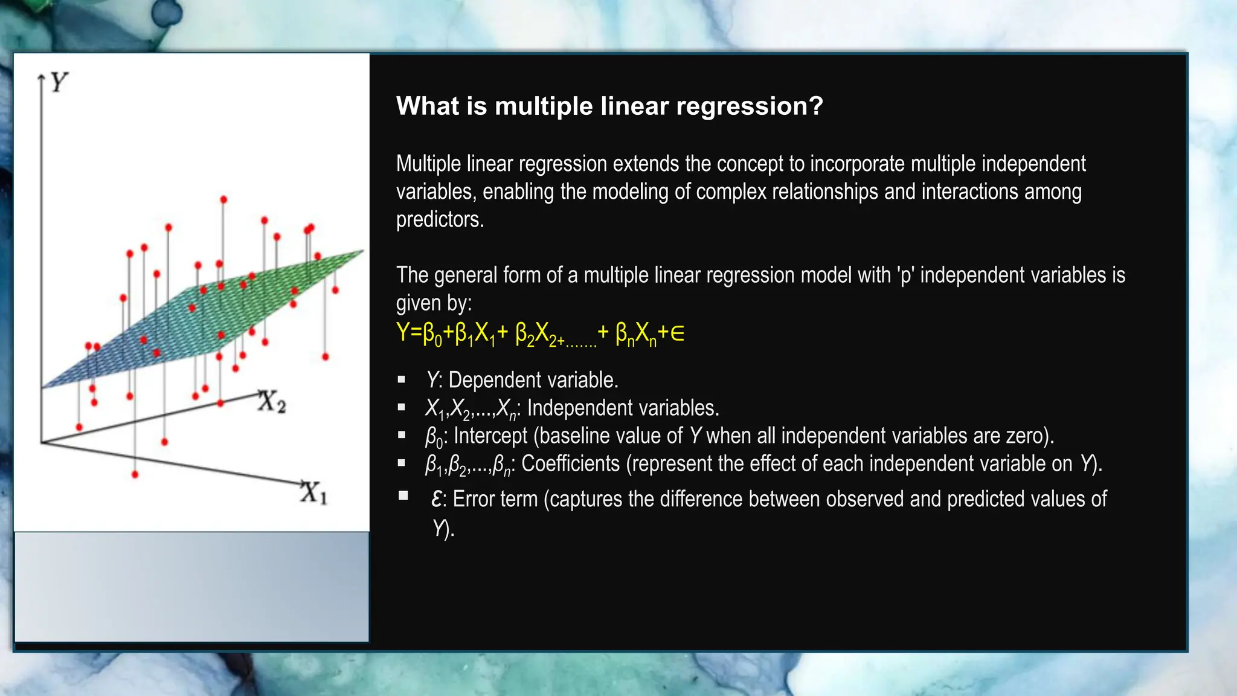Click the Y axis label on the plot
click(x=59, y=82)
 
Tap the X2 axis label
click(x=271, y=402)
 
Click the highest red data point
click(x=223, y=199)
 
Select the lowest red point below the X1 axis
click(x=135, y=474)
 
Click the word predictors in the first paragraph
click(x=439, y=219)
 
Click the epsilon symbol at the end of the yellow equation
click(x=678, y=333)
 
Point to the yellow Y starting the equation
click(x=403, y=332)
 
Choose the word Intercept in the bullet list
click(x=490, y=436)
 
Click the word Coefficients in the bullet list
click(x=570, y=464)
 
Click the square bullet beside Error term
click(x=403, y=496)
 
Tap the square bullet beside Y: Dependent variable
click(x=402, y=380)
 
